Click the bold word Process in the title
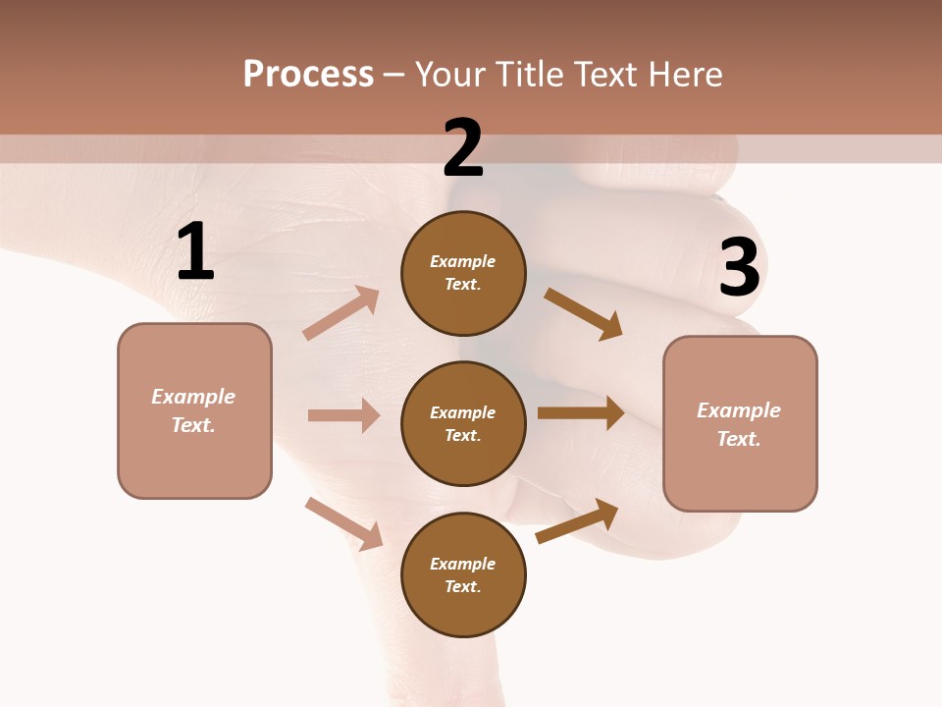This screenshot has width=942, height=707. (308, 74)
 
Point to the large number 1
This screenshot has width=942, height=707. (195, 252)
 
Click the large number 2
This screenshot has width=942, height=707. (463, 148)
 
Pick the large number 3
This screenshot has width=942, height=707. (739, 268)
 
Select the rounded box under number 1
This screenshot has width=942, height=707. (194, 410)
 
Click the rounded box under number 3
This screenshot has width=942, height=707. (740, 424)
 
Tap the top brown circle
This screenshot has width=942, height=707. (463, 273)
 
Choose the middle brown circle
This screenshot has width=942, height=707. (463, 424)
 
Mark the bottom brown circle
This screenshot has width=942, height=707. (463, 575)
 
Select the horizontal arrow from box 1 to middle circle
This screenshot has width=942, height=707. (343, 415)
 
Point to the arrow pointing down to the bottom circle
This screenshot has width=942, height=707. (343, 523)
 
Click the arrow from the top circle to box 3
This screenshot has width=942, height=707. (584, 314)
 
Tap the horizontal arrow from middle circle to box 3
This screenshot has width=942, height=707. (581, 413)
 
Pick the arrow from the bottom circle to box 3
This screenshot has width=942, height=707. (578, 521)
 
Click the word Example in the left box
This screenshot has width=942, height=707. (193, 397)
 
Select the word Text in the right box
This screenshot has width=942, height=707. (737, 439)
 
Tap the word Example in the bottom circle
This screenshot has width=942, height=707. (463, 564)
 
